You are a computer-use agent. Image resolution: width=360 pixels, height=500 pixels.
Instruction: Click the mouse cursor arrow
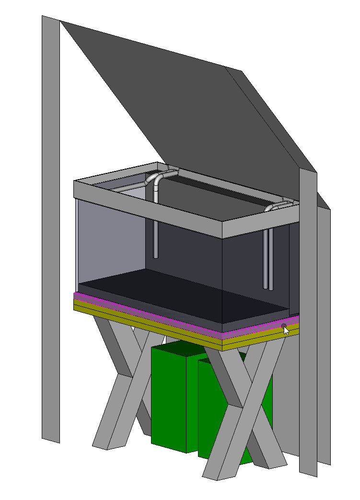pyautogui.click(x=286, y=330)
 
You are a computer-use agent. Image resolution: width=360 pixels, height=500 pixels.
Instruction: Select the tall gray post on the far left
pyautogui.click(x=50, y=230)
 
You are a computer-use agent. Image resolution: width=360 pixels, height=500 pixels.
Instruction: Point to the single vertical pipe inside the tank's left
pyautogui.click(x=155, y=230)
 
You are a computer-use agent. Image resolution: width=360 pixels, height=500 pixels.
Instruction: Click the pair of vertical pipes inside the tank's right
pyautogui.click(x=268, y=259)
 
